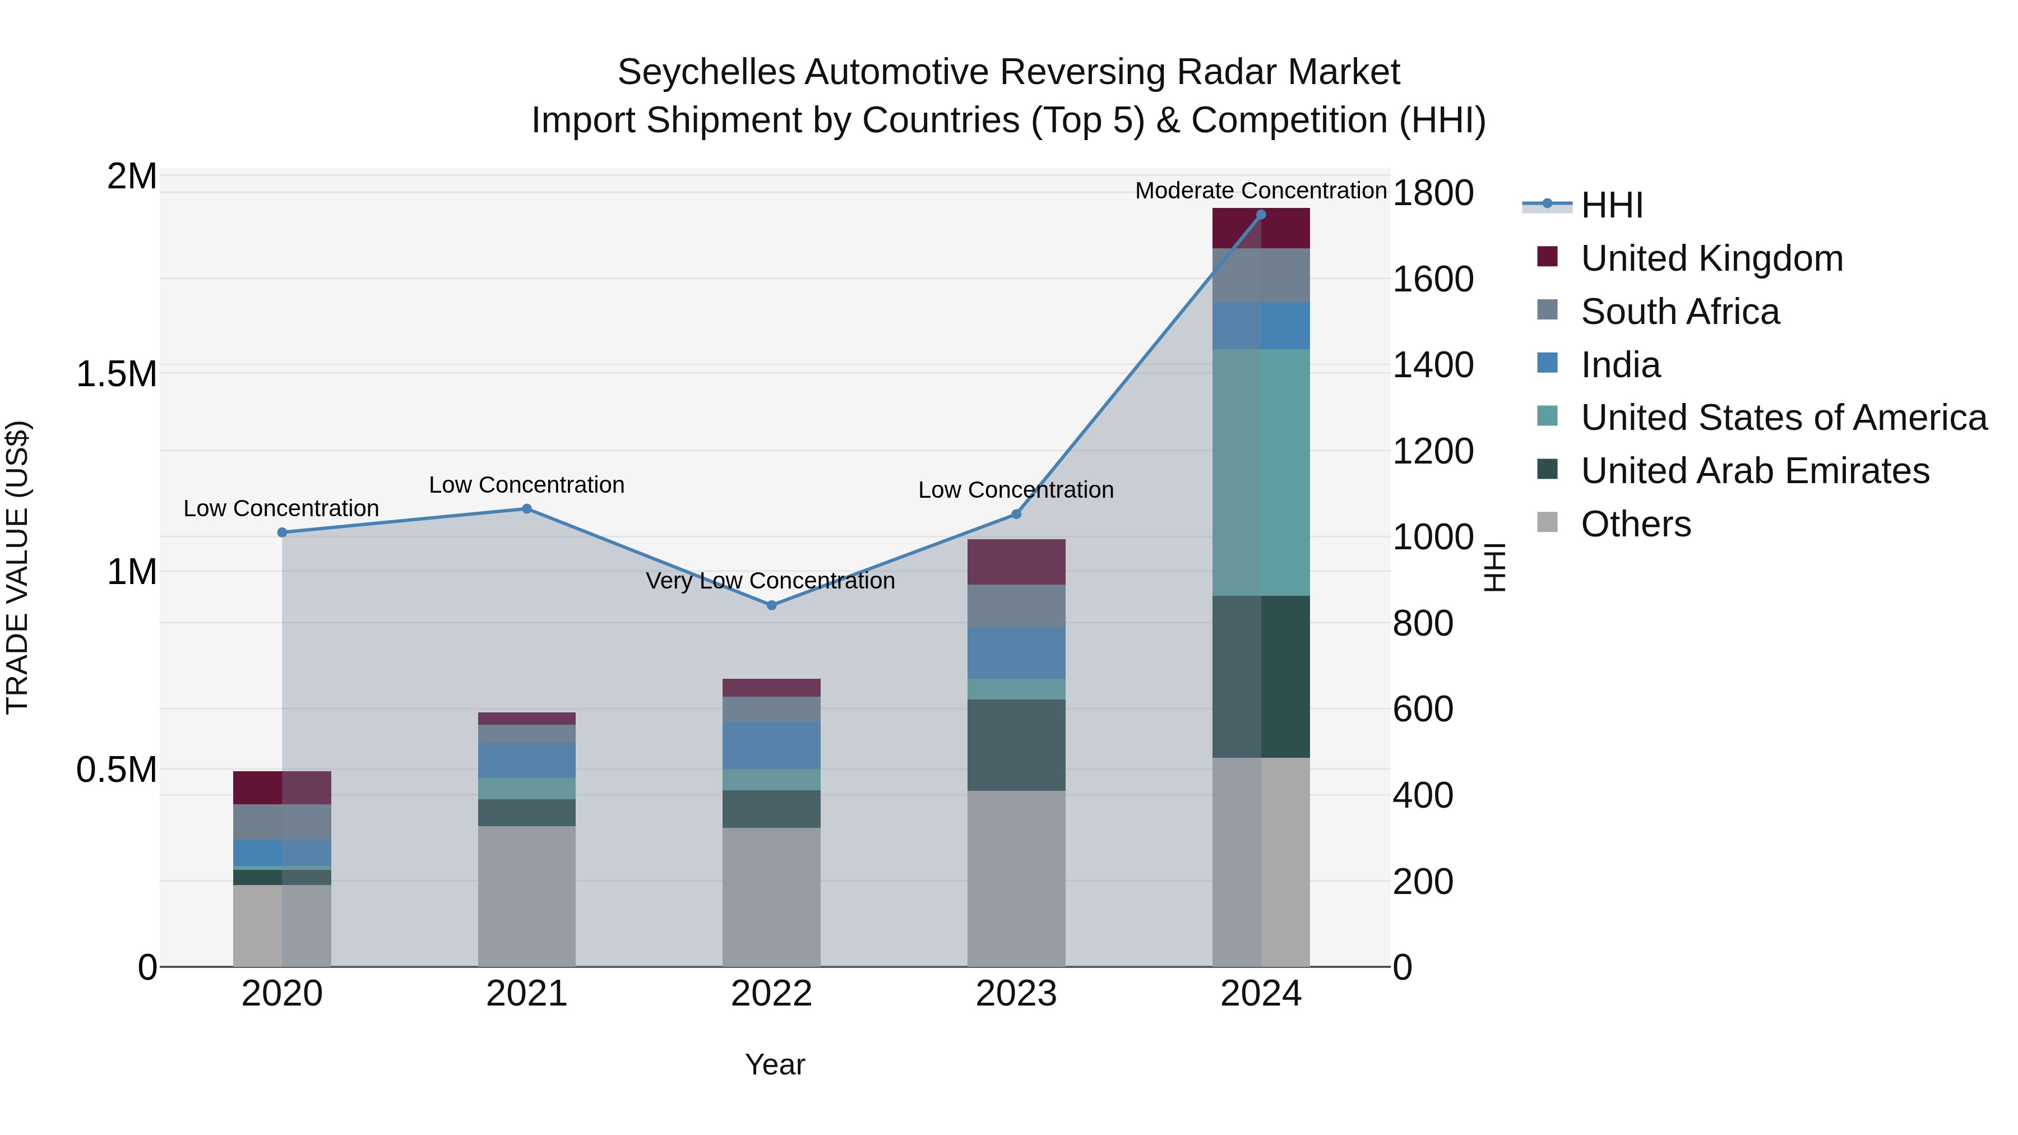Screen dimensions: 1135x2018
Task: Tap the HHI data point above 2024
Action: coord(1261,214)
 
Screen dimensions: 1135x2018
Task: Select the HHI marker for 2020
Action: coord(282,532)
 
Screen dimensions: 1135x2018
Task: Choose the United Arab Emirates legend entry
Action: coord(1755,471)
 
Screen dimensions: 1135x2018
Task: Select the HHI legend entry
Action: coord(1612,205)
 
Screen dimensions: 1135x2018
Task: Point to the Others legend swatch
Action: coord(1547,522)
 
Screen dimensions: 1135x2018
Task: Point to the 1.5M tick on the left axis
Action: coord(116,374)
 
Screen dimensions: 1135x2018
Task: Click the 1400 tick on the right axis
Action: coord(1432,365)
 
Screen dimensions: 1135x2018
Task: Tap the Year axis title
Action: coord(774,1064)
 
